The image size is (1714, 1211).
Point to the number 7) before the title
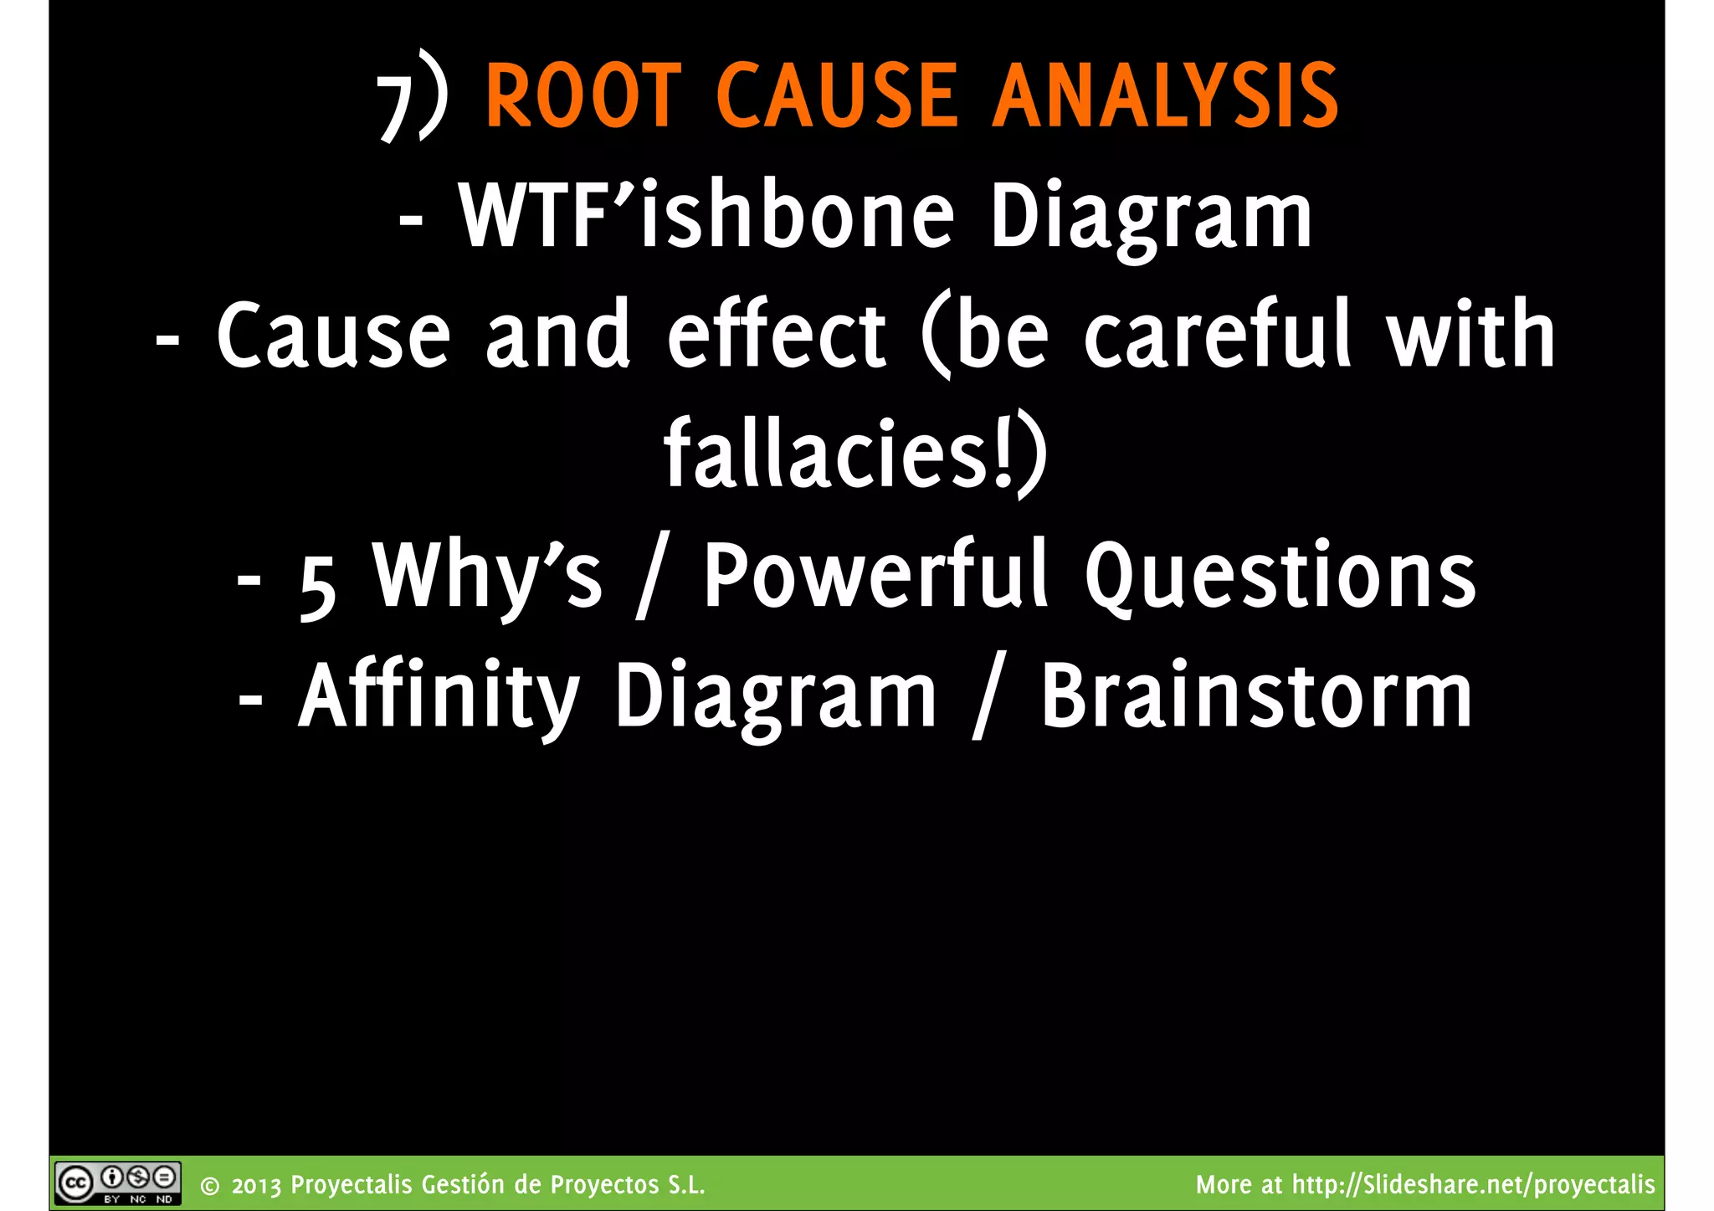(x=413, y=100)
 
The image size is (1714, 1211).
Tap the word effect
(x=776, y=335)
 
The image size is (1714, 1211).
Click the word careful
(x=1218, y=335)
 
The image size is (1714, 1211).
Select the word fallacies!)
(x=855, y=454)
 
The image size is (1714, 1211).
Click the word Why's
(x=487, y=577)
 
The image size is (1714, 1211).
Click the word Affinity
(x=439, y=696)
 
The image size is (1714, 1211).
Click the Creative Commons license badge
(x=118, y=1183)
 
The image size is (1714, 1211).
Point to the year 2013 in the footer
(x=257, y=1186)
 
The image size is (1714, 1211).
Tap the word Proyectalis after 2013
(x=352, y=1185)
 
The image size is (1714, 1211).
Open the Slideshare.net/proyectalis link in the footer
(x=1473, y=1185)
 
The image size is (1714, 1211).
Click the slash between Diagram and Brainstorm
(x=988, y=699)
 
